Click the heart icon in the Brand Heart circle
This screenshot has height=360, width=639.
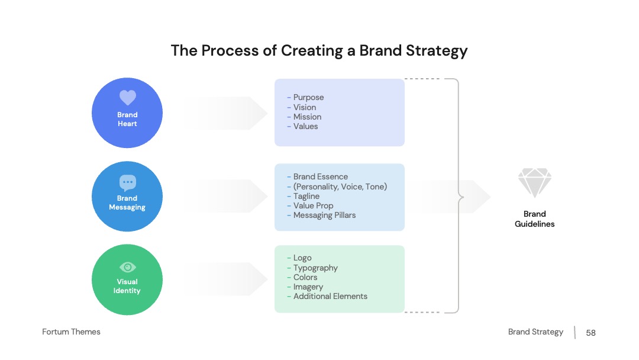coord(128,98)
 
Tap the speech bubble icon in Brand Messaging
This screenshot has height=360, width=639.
coord(128,182)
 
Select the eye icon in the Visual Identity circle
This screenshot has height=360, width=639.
coord(128,267)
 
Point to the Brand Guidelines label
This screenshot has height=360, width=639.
coord(535,219)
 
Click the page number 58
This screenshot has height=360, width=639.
coord(591,333)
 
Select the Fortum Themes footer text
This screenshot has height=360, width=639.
coord(72,332)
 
